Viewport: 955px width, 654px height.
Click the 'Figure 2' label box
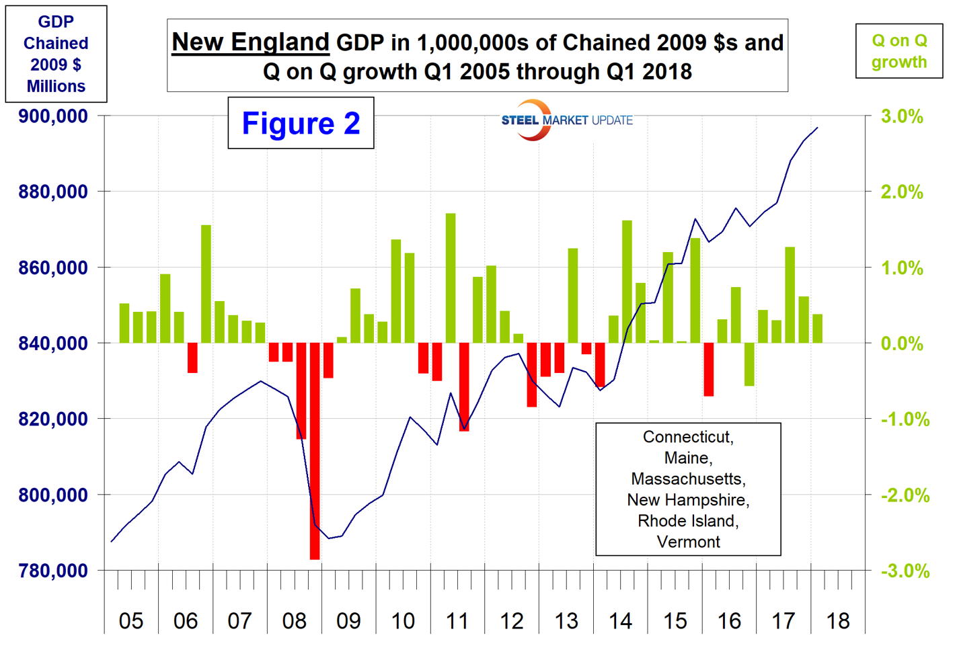301,123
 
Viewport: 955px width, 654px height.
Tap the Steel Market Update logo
566,120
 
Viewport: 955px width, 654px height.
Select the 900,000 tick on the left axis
53,116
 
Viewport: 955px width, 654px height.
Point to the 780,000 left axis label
53,571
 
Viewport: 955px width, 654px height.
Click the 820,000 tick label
53,419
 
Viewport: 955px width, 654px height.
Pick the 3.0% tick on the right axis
902,116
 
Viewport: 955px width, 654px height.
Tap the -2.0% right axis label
905,495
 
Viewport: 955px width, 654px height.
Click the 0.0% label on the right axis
902,343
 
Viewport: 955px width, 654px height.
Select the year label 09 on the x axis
348,620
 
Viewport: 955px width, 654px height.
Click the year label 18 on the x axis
837,620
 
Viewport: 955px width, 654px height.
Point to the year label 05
131,620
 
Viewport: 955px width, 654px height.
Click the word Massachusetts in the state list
687,479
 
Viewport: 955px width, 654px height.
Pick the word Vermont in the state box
688,542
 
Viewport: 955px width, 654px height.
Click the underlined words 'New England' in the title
250,42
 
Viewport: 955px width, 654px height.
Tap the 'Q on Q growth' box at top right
899,51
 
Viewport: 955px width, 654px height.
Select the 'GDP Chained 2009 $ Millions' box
56,54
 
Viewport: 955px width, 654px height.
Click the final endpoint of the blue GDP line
817,128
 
